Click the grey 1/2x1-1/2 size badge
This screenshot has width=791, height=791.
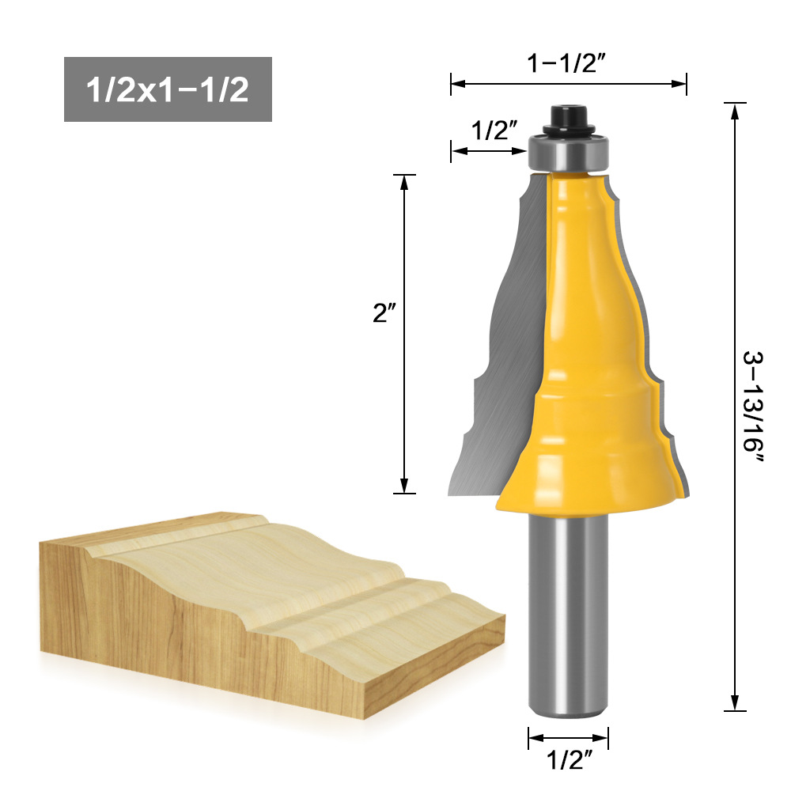tap(168, 89)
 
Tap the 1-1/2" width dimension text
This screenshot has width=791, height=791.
tap(566, 63)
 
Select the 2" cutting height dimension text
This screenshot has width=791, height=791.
tap(384, 312)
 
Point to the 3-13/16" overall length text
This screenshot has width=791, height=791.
tap(753, 407)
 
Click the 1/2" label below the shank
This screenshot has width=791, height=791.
tap(569, 759)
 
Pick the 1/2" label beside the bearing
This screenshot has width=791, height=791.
tap(494, 131)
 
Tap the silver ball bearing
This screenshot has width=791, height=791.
tap(569, 152)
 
